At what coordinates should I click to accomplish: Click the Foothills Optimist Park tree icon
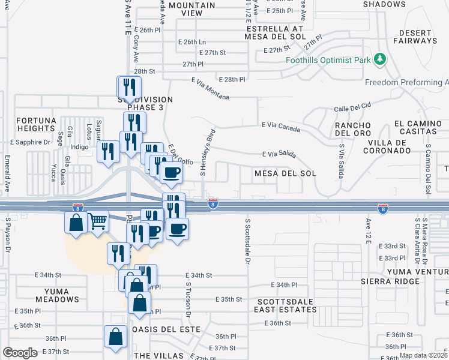point(379,59)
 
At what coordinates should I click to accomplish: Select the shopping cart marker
point(97,223)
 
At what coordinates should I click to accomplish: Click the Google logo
point(20,353)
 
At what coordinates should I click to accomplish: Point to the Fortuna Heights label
point(36,124)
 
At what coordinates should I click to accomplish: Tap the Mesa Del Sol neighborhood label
point(285,173)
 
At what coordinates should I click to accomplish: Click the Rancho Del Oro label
point(352,128)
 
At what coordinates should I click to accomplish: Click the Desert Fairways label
point(418,36)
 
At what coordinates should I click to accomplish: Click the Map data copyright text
point(423,355)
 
